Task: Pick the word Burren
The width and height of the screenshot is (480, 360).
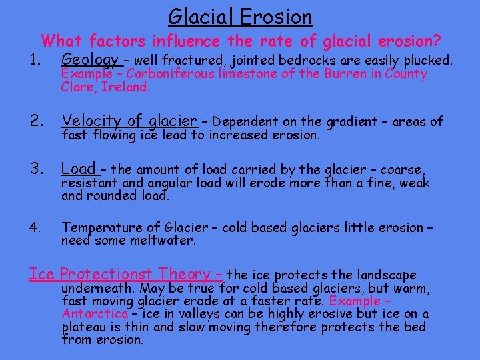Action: click(345, 74)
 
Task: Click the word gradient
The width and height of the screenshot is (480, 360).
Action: click(353, 122)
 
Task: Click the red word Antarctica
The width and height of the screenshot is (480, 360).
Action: click(94, 314)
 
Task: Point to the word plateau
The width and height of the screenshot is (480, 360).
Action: click(83, 327)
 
